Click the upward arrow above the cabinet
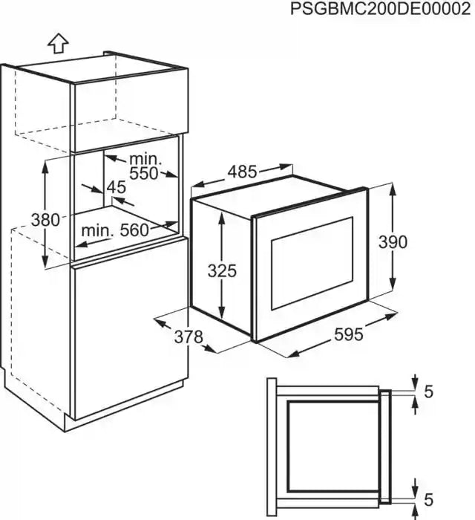pos(57,42)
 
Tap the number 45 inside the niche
pos(116,187)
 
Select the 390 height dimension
pos(393,242)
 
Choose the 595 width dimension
pos(347,335)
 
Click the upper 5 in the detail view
pos(429,391)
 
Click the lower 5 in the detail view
pos(429,497)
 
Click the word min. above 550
pos(143,159)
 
